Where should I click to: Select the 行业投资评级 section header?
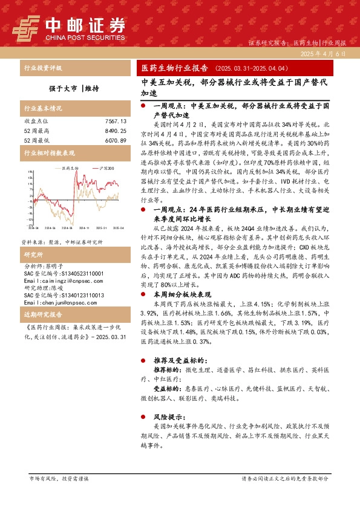click(x=42, y=68)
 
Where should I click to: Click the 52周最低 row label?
click(x=35, y=140)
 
